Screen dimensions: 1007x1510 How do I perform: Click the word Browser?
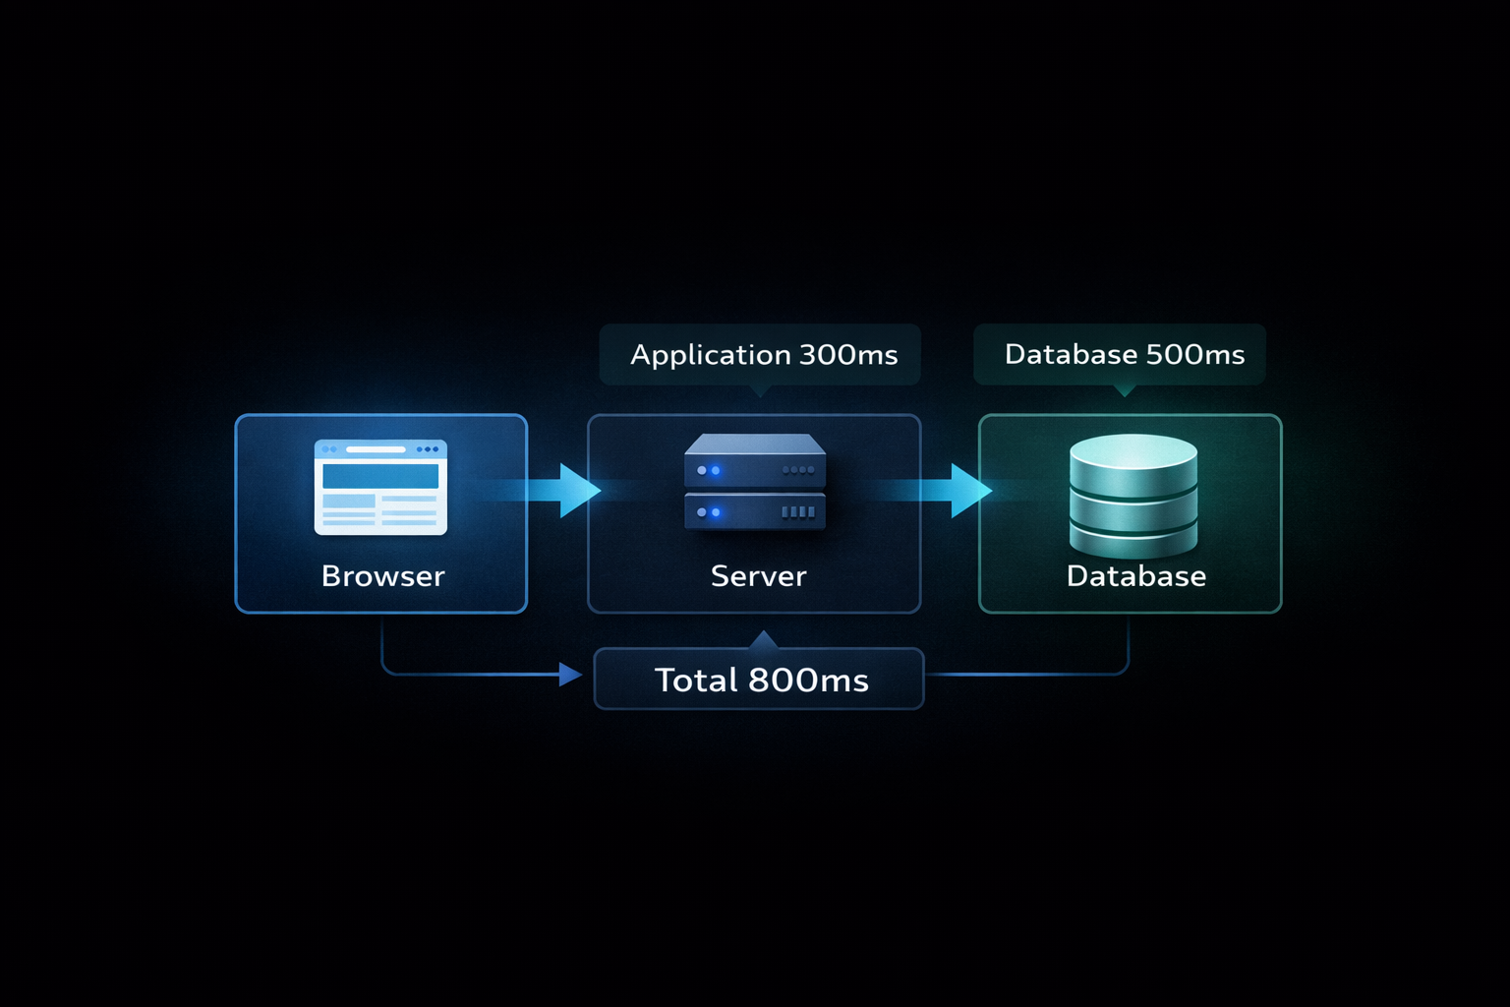[x=382, y=576]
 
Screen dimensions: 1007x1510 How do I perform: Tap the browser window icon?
[x=380, y=487]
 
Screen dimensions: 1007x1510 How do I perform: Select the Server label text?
[x=758, y=576]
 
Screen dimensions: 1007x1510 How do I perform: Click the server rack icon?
[x=754, y=482]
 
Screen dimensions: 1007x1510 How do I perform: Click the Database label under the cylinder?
[x=1135, y=576]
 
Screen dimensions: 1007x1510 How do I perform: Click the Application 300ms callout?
[x=760, y=354]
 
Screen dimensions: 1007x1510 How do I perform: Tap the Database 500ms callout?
[x=1120, y=354]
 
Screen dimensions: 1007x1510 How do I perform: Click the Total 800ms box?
[x=759, y=680]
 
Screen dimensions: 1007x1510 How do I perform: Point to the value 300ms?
[x=848, y=355]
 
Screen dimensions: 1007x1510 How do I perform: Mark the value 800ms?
[x=808, y=681]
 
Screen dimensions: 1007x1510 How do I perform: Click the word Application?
[x=710, y=355]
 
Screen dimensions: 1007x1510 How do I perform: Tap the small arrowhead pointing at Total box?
[x=570, y=675]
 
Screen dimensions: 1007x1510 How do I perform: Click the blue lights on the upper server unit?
[x=708, y=471]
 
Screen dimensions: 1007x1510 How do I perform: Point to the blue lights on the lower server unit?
[x=708, y=512]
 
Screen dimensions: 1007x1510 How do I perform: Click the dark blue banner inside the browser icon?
[x=380, y=476]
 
